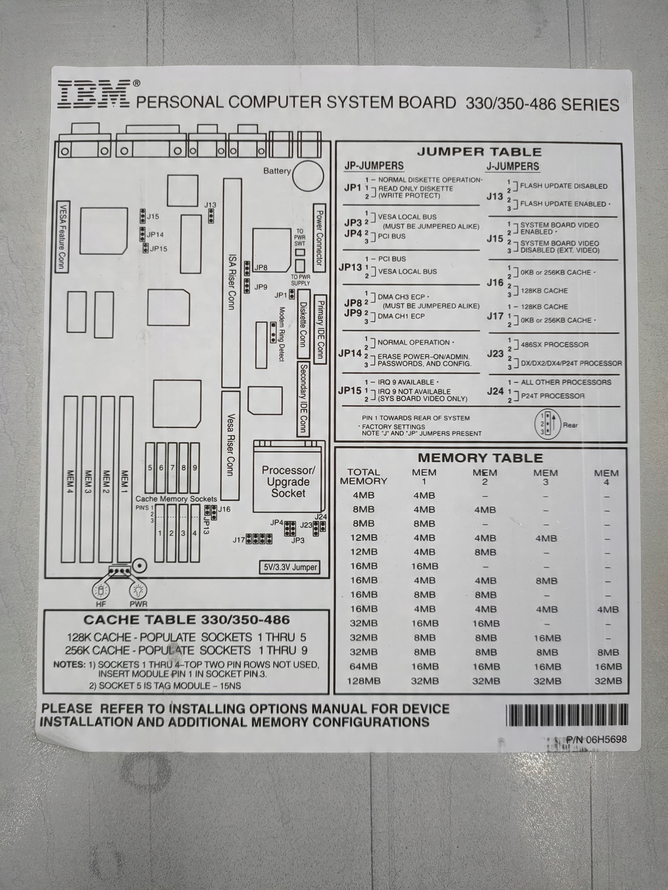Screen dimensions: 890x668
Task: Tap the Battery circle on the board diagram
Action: [x=308, y=176]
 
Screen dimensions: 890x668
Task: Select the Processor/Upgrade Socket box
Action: [x=288, y=482]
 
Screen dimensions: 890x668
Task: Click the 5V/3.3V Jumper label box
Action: [x=290, y=567]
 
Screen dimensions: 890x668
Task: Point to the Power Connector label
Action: [x=319, y=238]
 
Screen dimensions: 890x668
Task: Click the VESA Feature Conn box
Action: [x=62, y=237]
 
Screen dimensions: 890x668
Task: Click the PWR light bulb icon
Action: [x=138, y=591]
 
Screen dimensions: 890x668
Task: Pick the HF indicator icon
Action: [x=100, y=591]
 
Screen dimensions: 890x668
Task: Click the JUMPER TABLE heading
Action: [x=479, y=152]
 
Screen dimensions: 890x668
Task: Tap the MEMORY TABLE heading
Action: [x=480, y=458]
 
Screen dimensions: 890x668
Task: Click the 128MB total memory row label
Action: [x=364, y=681]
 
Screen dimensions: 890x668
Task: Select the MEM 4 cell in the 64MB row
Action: [x=608, y=666]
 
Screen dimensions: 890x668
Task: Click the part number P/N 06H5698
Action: [x=596, y=739]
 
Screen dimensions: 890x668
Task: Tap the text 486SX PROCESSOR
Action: [x=555, y=345]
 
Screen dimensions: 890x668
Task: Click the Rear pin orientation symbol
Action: [x=547, y=424]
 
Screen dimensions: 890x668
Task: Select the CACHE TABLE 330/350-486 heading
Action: [x=186, y=620]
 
